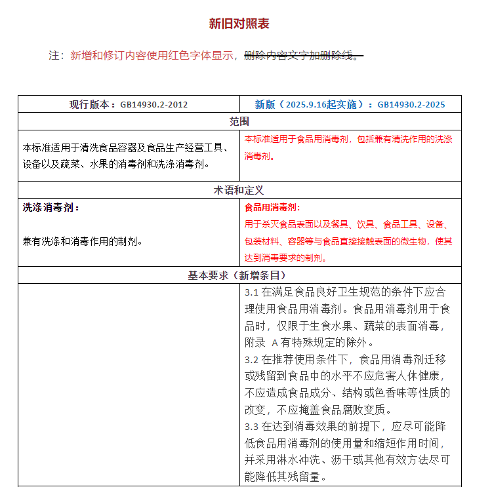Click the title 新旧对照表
239,24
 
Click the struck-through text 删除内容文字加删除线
302,56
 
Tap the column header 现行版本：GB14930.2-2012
129,104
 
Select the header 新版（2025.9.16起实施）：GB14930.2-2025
350,104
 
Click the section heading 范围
239,121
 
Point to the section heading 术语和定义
239,190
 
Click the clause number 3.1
252,292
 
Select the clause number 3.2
252,359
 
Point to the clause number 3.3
252,427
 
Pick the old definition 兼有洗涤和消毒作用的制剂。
83,241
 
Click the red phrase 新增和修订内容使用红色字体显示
152,56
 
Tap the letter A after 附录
275,342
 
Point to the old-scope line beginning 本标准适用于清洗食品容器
125,147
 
